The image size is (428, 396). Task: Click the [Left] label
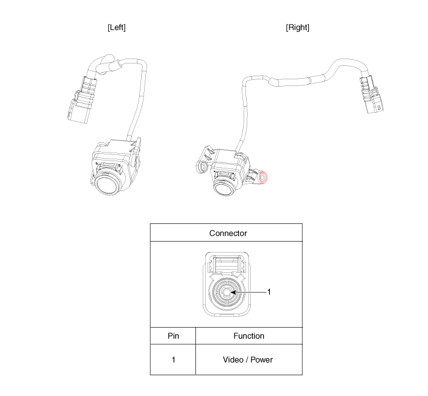click(117, 27)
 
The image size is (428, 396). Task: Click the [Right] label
click(297, 27)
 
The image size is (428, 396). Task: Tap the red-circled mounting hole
click(263, 178)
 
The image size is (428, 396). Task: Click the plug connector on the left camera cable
click(82, 101)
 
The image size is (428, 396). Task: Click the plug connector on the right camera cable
click(372, 95)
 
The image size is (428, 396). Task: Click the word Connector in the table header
click(228, 234)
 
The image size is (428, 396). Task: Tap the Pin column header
click(173, 336)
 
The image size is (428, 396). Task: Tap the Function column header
click(248, 336)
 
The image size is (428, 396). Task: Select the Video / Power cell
click(248, 360)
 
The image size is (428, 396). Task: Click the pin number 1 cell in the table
click(173, 360)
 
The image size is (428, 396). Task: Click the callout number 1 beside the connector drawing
click(269, 292)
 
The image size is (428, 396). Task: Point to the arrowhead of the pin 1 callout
click(233, 292)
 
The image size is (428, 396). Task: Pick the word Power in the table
click(261, 360)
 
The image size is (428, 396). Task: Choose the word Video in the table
click(233, 360)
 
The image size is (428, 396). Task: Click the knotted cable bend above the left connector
click(107, 64)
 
